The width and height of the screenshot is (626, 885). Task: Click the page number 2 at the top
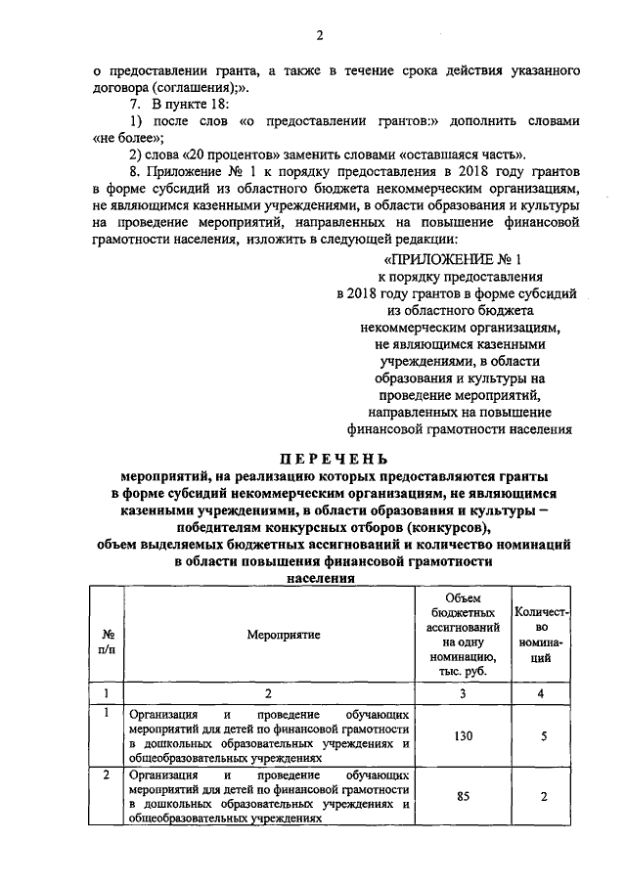point(319,36)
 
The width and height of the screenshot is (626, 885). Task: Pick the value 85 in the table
point(464,796)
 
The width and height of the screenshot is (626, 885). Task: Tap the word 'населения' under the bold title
point(321,578)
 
